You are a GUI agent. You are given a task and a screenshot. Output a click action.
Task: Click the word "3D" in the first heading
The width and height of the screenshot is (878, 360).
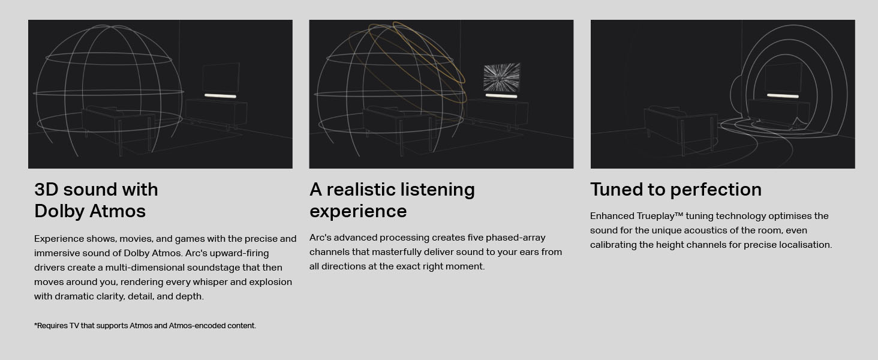tap(46, 190)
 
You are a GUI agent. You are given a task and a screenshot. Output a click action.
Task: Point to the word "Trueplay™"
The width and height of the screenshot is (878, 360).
tap(658, 216)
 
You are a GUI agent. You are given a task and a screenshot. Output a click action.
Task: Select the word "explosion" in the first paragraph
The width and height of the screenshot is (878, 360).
tap(271, 282)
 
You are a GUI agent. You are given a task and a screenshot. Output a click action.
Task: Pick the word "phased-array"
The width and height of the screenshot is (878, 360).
tap(515, 238)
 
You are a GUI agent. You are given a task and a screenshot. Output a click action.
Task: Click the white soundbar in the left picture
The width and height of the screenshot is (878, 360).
tap(220, 96)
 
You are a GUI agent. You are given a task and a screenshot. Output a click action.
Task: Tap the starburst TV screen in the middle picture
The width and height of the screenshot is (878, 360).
tap(501, 77)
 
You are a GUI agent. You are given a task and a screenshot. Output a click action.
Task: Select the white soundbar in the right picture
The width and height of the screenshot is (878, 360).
tap(783, 96)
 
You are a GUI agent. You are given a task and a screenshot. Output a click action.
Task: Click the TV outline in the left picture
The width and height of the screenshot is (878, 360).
tap(221, 77)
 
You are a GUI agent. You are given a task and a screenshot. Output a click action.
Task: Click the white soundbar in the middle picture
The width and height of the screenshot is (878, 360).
tap(501, 96)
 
